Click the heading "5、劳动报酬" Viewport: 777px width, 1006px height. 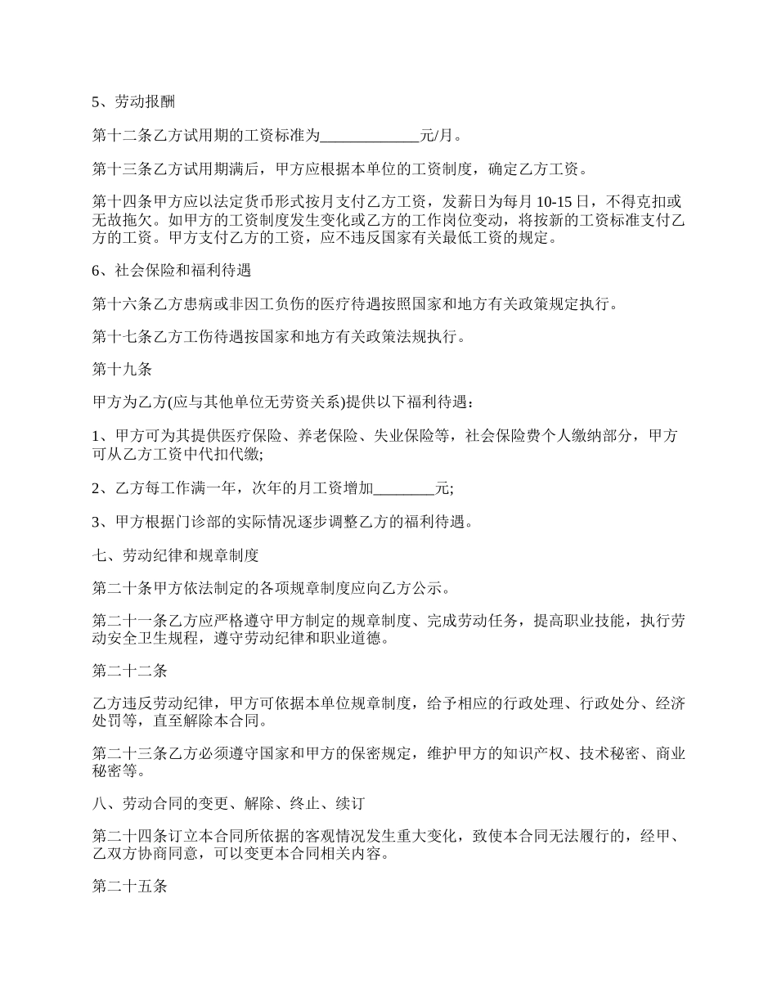(x=133, y=102)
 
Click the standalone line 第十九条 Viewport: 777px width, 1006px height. (x=122, y=370)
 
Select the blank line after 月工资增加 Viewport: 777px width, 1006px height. (x=404, y=488)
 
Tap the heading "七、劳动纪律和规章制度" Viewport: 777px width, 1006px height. (x=175, y=556)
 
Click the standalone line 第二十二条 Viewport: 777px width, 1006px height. (x=129, y=671)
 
